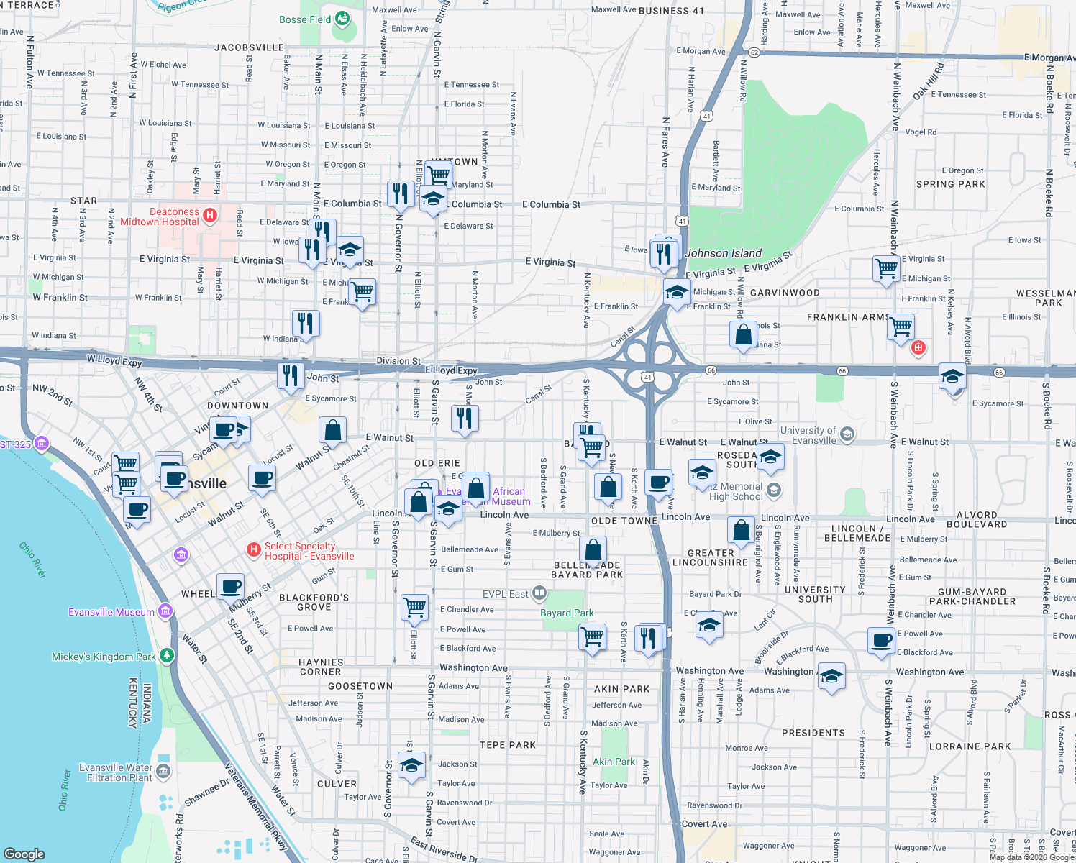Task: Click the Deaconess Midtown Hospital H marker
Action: [210, 215]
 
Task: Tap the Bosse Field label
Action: [305, 19]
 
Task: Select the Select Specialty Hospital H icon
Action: [253, 550]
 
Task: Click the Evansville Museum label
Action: [111, 612]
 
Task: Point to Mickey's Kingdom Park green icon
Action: [167, 655]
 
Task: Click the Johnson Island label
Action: [723, 253]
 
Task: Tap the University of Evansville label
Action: [808, 435]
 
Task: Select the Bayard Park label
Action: [567, 613]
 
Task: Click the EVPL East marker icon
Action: [539, 593]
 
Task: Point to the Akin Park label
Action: [614, 762]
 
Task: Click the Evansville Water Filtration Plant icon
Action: [163, 772]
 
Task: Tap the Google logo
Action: [24, 854]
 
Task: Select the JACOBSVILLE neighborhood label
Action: [249, 47]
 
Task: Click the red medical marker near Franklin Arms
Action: [918, 348]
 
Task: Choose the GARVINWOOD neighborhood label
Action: [785, 293]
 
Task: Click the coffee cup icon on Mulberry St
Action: [230, 587]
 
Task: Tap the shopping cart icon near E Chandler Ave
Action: [415, 607]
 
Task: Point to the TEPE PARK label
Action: [508, 745]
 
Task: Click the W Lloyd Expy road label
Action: [114, 360]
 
